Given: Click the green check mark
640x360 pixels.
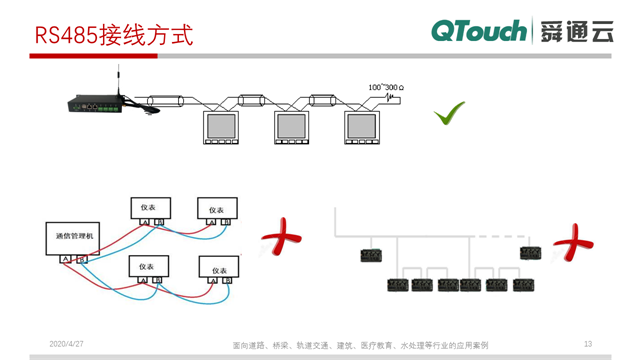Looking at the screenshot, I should click(449, 114).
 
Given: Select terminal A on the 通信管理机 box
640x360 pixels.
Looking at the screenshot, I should click(66, 260).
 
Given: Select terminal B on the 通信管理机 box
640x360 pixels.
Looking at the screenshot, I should click(83, 260).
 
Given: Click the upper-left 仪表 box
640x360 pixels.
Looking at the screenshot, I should click(150, 208).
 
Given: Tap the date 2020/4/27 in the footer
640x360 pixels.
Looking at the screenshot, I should click(67, 344).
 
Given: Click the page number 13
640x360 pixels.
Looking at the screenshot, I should click(588, 344).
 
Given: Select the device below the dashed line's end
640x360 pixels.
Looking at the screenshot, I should click(525, 254).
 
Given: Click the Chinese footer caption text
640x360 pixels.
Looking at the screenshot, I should click(359, 345).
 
